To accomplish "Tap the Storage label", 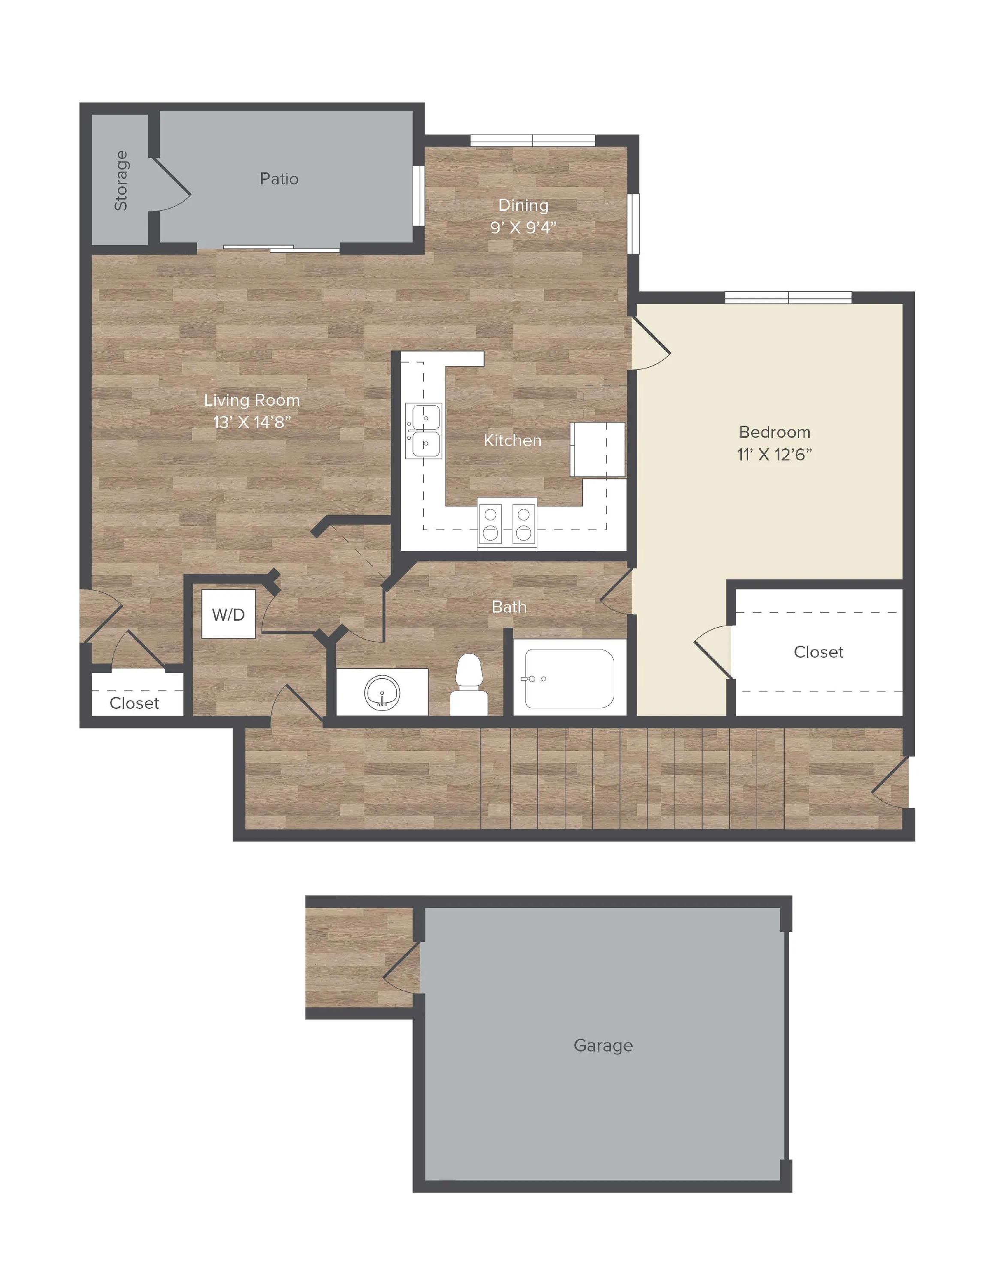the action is [121, 180].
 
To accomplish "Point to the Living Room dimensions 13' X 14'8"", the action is [252, 422].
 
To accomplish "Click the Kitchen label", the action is [512, 440].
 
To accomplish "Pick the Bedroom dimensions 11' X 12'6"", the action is [774, 454].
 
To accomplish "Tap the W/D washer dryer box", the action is [229, 614].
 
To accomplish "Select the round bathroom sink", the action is [382, 692].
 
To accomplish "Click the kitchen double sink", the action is [423, 431].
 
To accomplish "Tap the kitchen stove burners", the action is [507, 524].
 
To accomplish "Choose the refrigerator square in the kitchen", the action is [597, 450].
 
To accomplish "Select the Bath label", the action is [509, 607].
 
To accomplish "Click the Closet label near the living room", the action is [134, 703].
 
